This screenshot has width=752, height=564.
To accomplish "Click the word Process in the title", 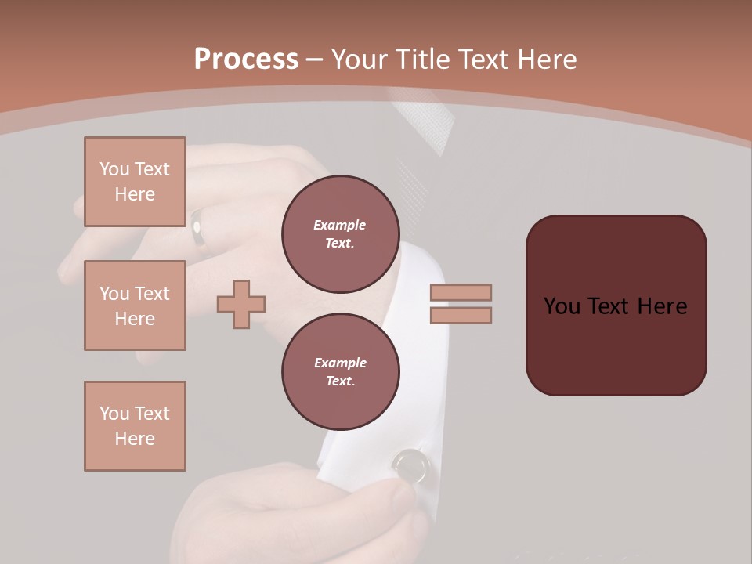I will [246, 60].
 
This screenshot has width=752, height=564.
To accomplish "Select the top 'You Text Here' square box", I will [135, 182].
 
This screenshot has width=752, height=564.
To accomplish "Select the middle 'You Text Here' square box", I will [135, 305].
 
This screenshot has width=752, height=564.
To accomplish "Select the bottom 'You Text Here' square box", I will [135, 426].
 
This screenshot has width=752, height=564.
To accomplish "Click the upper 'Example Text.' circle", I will [340, 234].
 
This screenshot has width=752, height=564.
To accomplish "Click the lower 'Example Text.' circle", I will [340, 372].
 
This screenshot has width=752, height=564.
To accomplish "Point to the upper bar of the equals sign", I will [461, 292].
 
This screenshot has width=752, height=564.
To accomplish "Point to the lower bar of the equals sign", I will [461, 316].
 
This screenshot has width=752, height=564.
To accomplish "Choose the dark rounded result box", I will [616, 305].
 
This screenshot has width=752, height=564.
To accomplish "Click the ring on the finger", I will [200, 231].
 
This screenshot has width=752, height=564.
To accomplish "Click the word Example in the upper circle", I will [340, 225].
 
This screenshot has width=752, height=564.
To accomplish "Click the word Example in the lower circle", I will [340, 363].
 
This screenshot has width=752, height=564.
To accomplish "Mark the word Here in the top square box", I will [135, 194].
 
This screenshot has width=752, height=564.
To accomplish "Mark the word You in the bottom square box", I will [114, 414].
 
